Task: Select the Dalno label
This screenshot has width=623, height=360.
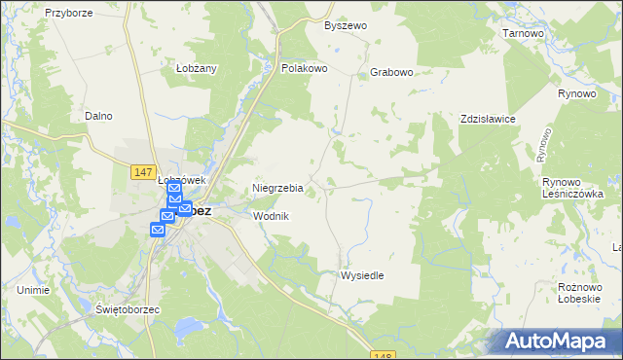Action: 98,116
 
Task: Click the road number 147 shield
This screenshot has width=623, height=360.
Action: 142,171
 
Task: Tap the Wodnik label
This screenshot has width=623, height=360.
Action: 271,216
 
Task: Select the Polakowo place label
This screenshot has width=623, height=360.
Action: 303,69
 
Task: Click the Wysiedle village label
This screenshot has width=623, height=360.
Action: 361,275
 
